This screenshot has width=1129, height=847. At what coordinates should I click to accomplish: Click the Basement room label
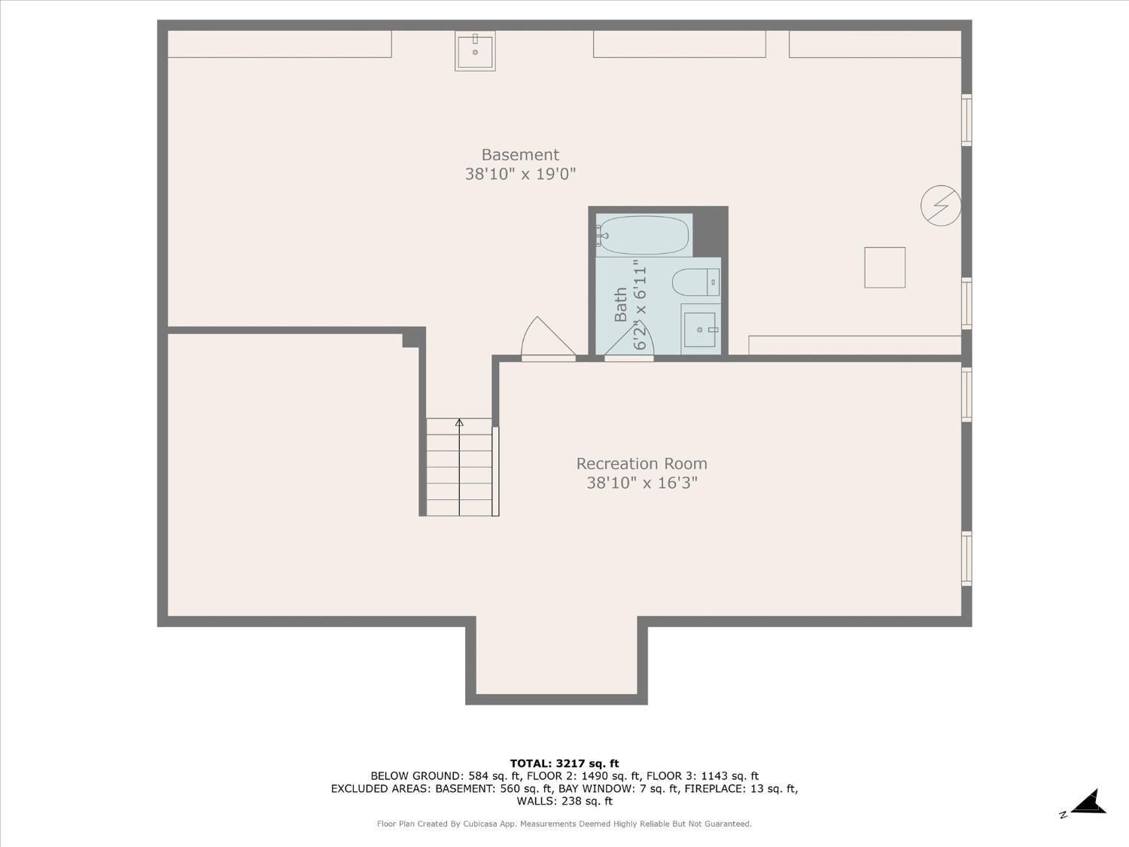520,154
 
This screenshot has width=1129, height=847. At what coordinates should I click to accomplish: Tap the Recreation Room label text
641,464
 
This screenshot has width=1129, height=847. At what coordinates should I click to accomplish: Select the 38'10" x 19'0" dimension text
520,175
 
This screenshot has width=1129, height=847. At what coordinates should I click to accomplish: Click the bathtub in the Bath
644,236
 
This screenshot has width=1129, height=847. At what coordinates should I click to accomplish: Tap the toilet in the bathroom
694,282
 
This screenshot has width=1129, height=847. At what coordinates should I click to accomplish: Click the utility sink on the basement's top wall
475,51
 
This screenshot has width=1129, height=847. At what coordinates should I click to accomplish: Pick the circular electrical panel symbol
941,205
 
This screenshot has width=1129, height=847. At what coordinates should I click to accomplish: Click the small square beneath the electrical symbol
884,267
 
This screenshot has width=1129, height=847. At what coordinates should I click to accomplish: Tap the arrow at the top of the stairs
459,423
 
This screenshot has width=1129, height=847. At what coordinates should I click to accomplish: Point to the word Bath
621,304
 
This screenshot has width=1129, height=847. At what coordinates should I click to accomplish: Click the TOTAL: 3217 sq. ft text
564,763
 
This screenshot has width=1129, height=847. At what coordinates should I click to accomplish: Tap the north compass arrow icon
1088,803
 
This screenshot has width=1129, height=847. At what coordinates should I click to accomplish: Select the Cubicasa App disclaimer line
564,824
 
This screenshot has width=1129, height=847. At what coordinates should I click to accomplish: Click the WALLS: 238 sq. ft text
564,801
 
